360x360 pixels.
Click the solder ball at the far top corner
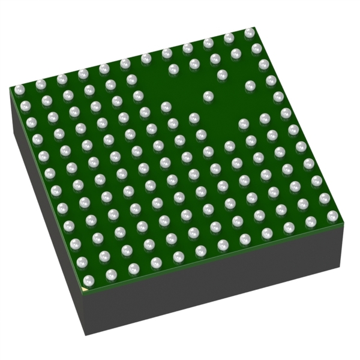[x=249, y=32]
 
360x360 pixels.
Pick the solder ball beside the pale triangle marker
[x=89, y=280]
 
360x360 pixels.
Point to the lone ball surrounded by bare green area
[x=208, y=95]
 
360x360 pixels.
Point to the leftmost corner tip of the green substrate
[x=10, y=89]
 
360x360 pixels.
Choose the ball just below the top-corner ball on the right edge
[x=257, y=49]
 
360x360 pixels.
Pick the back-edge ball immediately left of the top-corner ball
[x=229, y=38]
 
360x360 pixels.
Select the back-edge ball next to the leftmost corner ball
[x=40, y=85]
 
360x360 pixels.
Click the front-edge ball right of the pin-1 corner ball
[x=112, y=275]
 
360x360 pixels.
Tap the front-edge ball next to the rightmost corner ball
[x=310, y=221]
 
